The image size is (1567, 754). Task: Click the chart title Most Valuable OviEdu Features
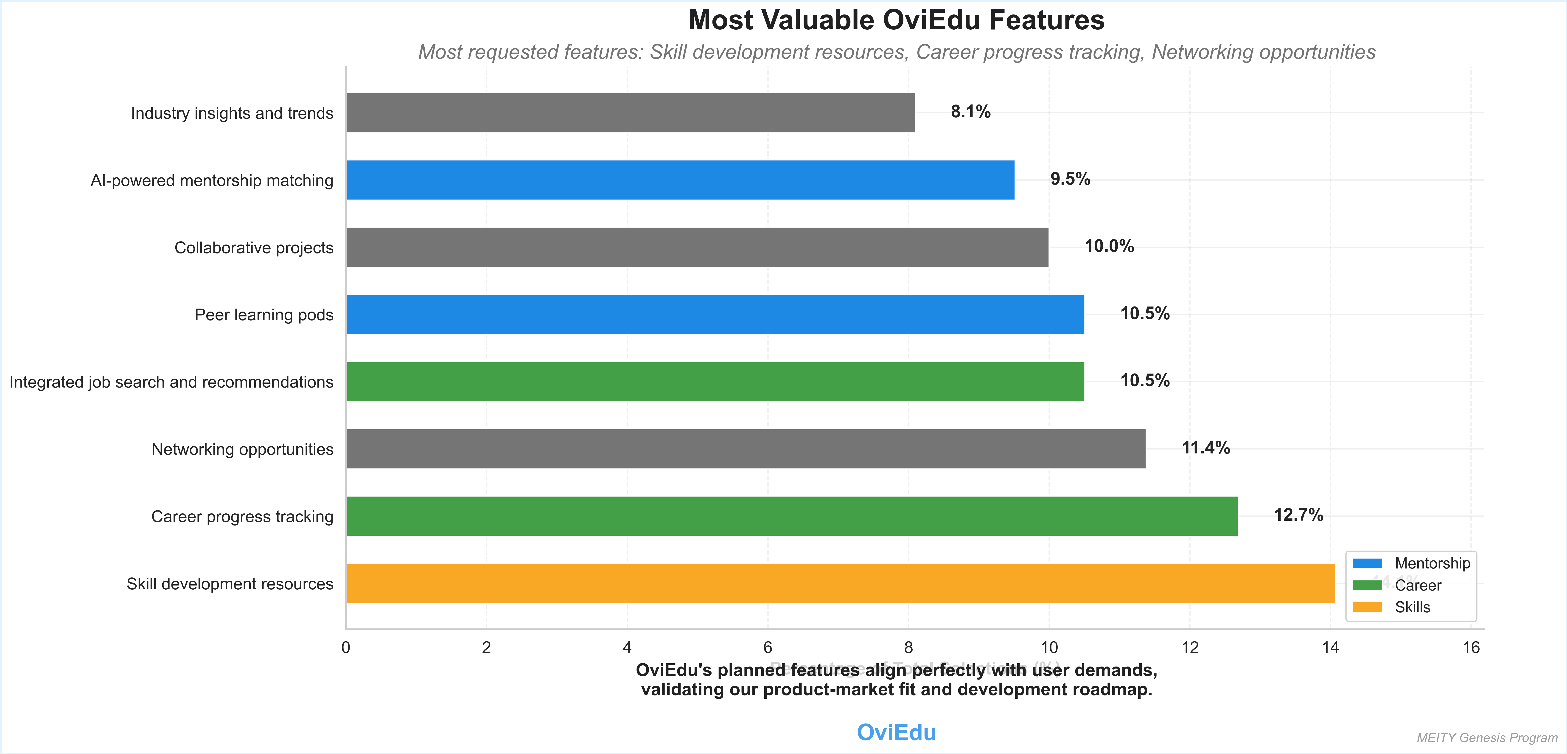click(x=896, y=20)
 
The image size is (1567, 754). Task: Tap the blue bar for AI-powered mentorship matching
click(x=680, y=180)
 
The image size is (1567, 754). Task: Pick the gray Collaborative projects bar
click(x=697, y=247)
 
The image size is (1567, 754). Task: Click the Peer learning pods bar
click(x=715, y=315)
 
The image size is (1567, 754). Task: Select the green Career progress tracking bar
click(x=791, y=516)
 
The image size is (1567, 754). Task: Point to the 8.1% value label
click(x=970, y=112)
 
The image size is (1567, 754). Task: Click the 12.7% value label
click(x=1298, y=515)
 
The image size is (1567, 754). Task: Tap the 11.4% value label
click(x=1205, y=448)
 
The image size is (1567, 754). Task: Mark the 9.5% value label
click(x=1070, y=179)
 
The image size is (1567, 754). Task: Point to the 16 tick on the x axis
click(x=1470, y=647)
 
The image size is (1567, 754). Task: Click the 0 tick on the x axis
click(x=345, y=647)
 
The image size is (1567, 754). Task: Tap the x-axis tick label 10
click(x=1049, y=647)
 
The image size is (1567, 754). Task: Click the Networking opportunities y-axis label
click(x=242, y=449)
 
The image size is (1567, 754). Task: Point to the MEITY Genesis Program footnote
click(x=1487, y=737)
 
